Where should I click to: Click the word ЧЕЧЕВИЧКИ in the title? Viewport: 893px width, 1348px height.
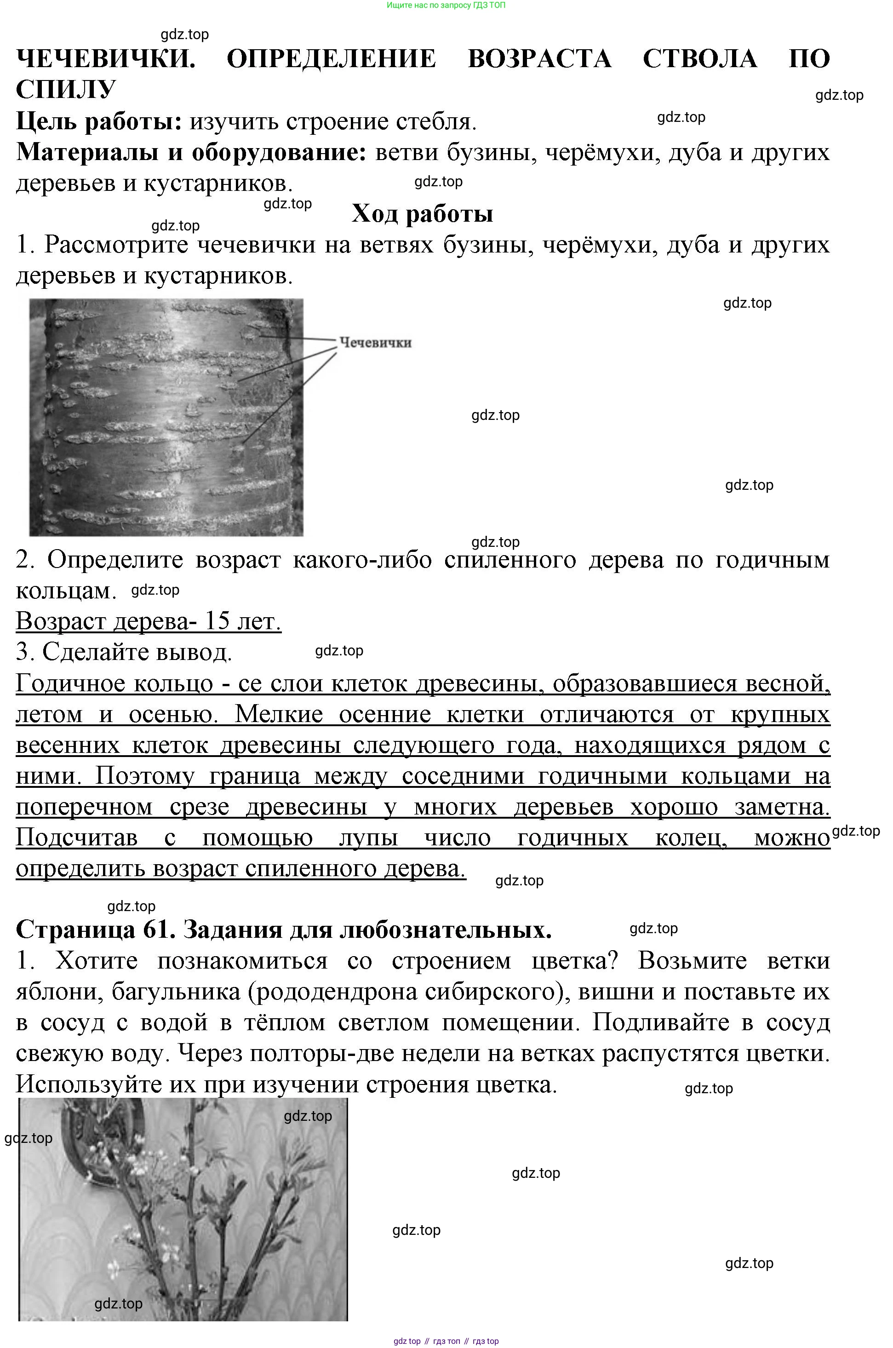(105, 59)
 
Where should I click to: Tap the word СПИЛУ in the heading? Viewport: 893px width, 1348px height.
(66, 89)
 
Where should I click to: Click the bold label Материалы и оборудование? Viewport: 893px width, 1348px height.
(191, 152)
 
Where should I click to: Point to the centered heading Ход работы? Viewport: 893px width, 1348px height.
(422, 213)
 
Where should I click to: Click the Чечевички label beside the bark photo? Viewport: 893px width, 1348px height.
(375, 342)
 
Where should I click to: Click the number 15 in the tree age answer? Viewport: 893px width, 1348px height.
(217, 621)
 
